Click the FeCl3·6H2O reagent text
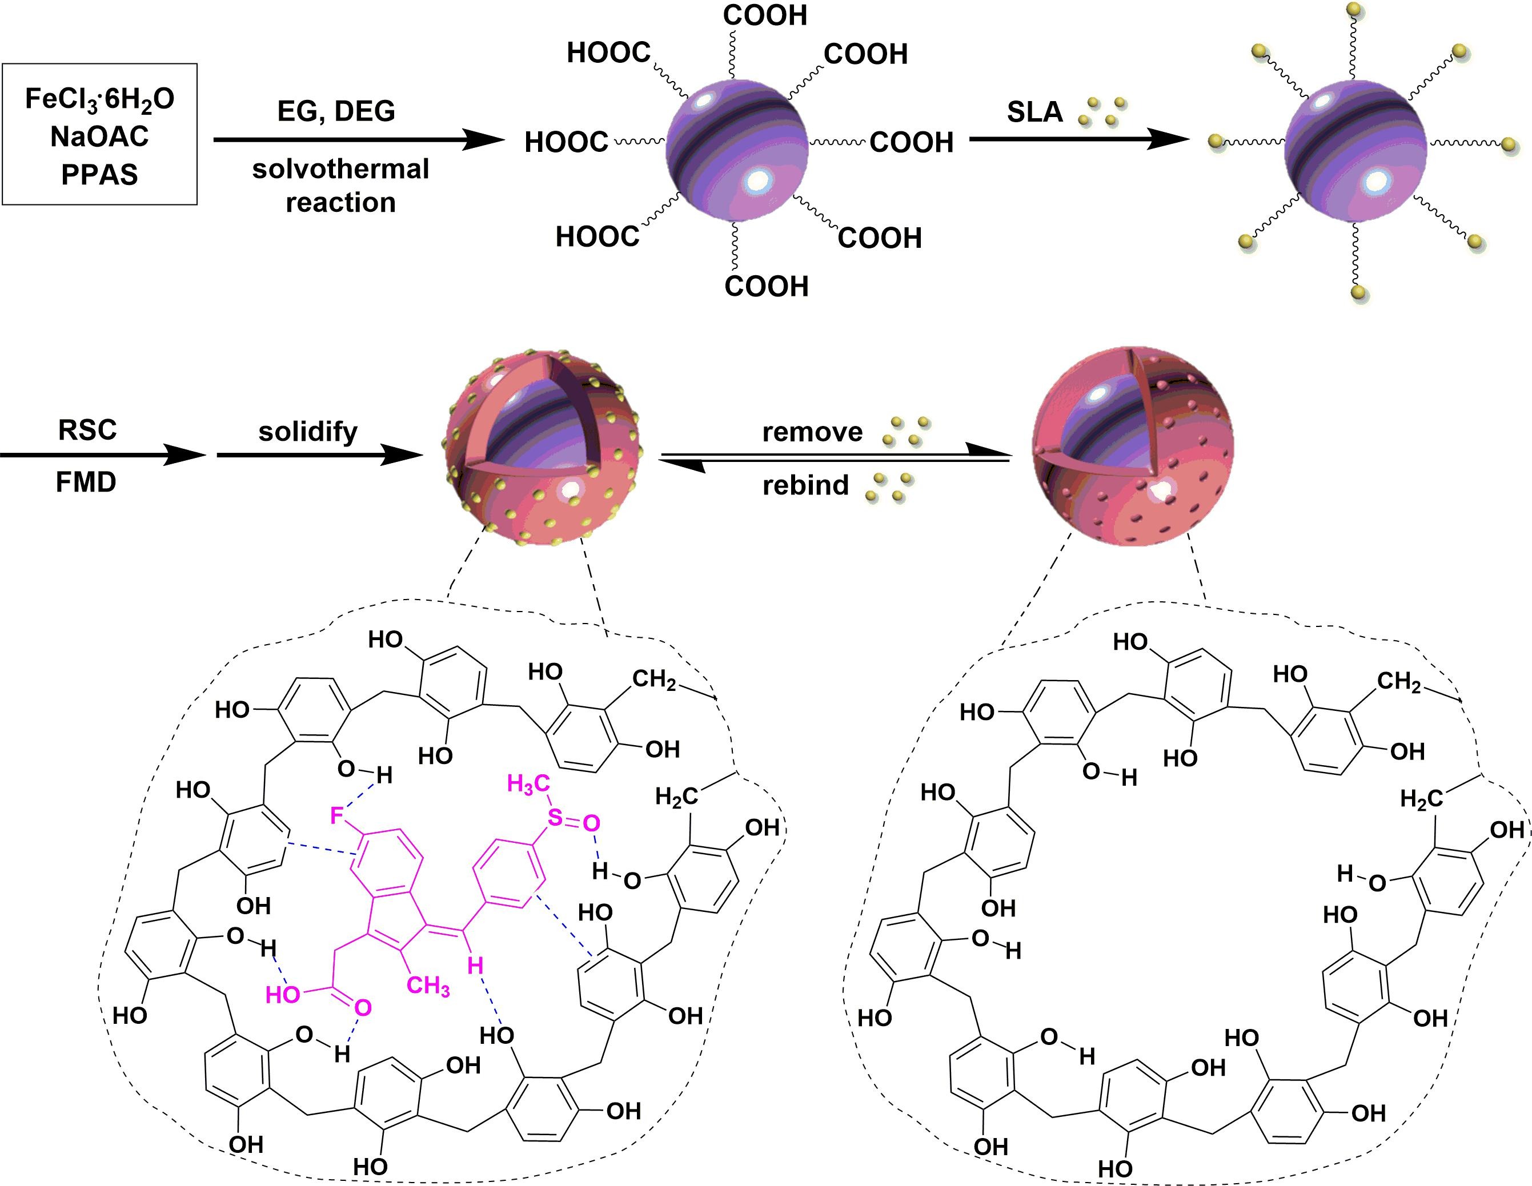click(99, 99)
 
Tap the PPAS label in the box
click(99, 174)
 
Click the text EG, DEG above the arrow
click(336, 111)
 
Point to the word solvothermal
click(341, 169)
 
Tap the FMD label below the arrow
click(86, 483)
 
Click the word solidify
click(308, 431)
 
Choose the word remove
click(812, 432)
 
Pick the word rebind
click(805, 485)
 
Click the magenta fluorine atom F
click(336, 815)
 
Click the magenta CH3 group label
click(428, 986)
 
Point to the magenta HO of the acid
click(283, 995)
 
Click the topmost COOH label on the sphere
click(765, 15)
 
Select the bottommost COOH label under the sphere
click(766, 286)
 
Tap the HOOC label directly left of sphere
click(566, 142)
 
